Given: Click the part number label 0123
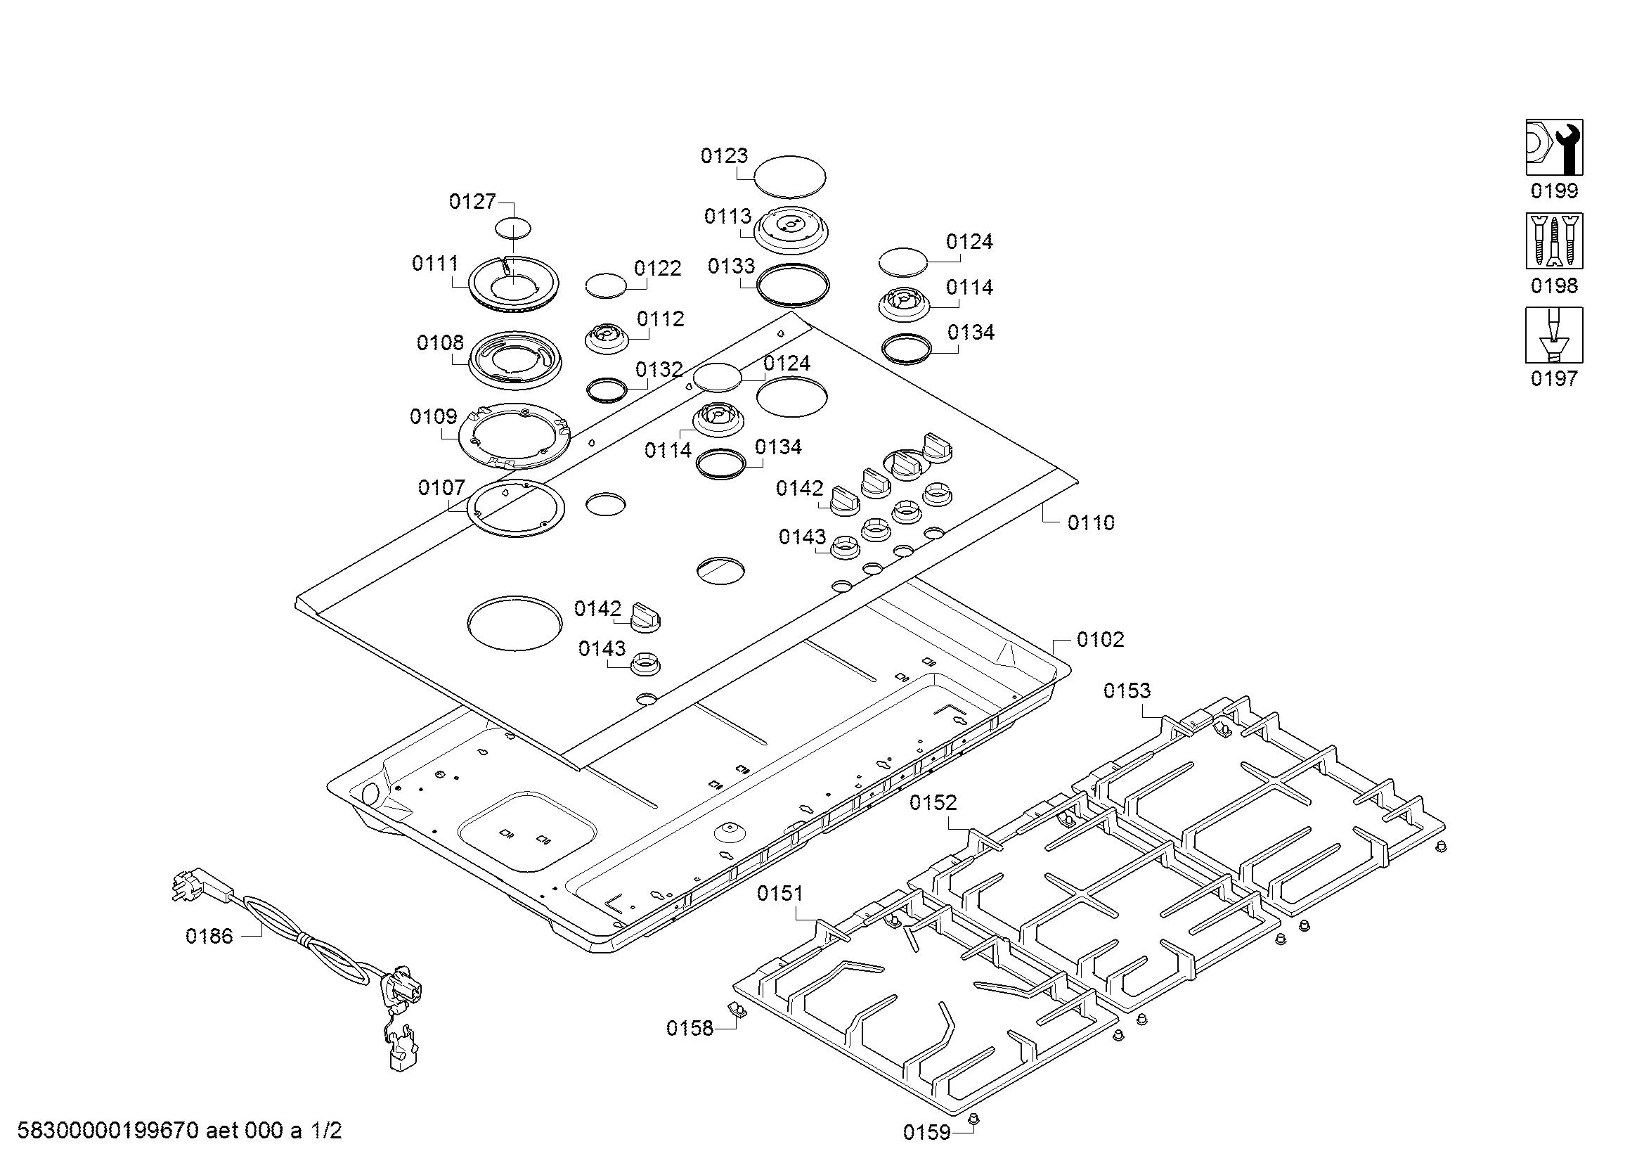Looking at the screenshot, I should [x=724, y=155].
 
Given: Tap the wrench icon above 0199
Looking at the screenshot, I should [x=1555, y=147].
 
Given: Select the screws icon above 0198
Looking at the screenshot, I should [x=1555, y=240].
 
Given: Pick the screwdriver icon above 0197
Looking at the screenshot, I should [x=1555, y=335].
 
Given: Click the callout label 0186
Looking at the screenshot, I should [x=209, y=936].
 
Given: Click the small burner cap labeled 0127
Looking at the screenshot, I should [x=513, y=229].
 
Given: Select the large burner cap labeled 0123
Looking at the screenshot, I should [x=790, y=176].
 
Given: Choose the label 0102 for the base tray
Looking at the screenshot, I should [x=1101, y=639].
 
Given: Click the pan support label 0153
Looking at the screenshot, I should [x=1127, y=690].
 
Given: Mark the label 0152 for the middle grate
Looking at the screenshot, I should [x=933, y=803].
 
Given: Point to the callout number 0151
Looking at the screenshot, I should [x=780, y=893].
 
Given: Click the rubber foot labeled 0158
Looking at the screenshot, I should [x=734, y=1009].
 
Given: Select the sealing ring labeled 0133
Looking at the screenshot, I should [x=793, y=284].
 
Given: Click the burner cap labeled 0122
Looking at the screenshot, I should [x=606, y=284].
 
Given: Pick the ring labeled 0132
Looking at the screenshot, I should [x=607, y=390].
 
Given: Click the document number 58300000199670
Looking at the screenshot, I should [x=108, y=1131].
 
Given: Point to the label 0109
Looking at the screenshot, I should [x=433, y=417].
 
